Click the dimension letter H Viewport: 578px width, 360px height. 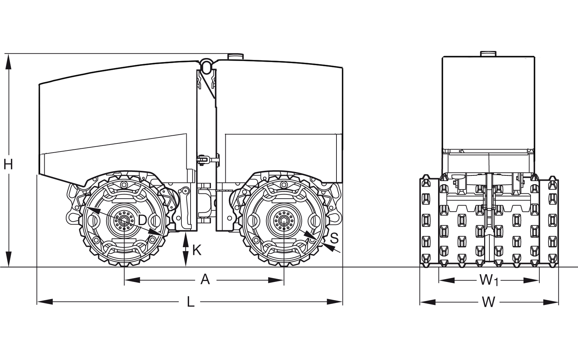(8, 164)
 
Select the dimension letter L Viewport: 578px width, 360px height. (190, 302)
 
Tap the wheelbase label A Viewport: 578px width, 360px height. (205, 280)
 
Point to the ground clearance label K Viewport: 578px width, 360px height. (197, 250)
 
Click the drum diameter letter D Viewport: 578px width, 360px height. (142, 220)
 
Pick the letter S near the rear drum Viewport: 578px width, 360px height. (334, 238)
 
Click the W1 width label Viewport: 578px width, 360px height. (489, 280)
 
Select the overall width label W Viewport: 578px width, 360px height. (489, 302)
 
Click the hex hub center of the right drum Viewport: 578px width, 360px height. (284, 221)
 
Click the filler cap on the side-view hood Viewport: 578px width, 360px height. (235, 56)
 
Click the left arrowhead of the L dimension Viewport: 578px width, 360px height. (44, 302)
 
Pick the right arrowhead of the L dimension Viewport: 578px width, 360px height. (335, 302)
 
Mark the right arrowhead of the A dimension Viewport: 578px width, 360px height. (276, 280)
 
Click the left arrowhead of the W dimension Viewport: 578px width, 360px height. (427, 302)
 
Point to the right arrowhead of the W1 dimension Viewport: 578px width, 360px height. (532, 280)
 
